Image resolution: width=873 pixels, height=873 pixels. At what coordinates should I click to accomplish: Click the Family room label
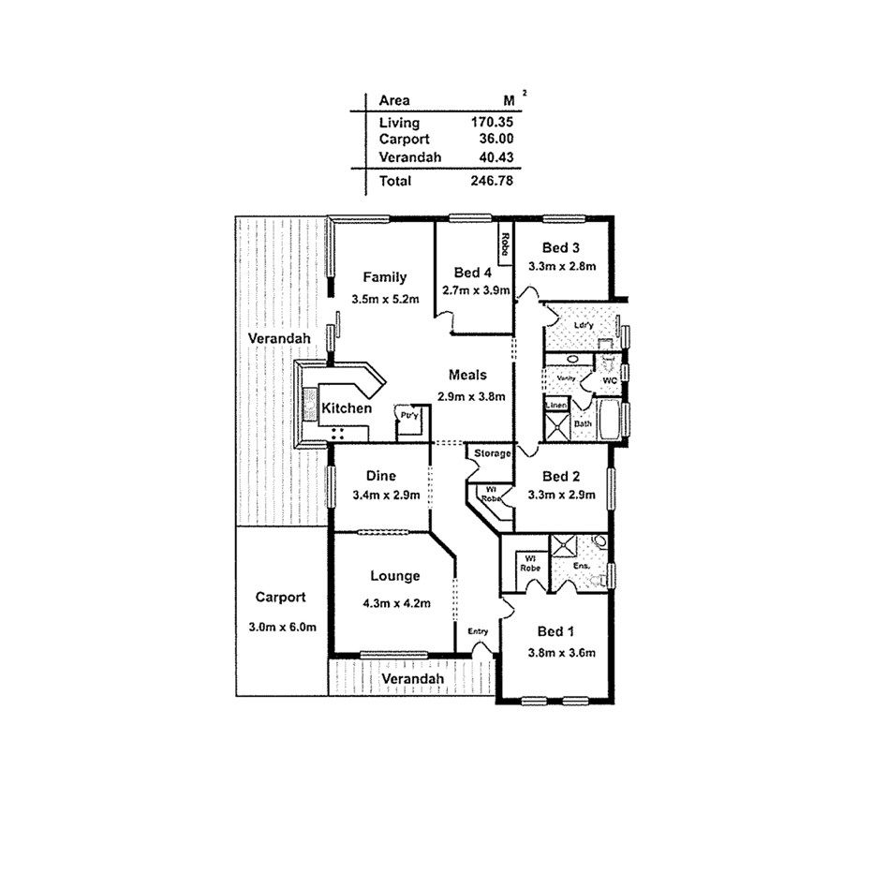(x=385, y=277)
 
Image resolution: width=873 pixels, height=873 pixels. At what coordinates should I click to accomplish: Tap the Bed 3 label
(x=562, y=248)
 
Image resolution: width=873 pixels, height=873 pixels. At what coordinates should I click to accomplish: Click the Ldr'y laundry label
(x=584, y=324)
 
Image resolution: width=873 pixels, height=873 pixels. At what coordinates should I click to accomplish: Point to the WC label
(x=609, y=381)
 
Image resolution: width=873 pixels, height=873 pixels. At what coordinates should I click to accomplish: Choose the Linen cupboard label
(x=556, y=406)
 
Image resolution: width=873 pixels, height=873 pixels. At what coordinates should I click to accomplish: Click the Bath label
(x=583, y=423)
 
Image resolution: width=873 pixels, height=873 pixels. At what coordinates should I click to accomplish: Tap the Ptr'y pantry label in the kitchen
(x=408, y=415)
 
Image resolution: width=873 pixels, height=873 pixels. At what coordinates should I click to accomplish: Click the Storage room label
(x=493, y=454)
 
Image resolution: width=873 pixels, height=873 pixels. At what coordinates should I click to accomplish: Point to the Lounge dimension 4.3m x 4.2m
(x=396, y=603)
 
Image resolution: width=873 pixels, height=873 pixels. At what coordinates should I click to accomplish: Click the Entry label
(x=479, y=632)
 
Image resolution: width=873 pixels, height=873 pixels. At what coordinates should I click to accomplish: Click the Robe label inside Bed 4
(x=504, y=244)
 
